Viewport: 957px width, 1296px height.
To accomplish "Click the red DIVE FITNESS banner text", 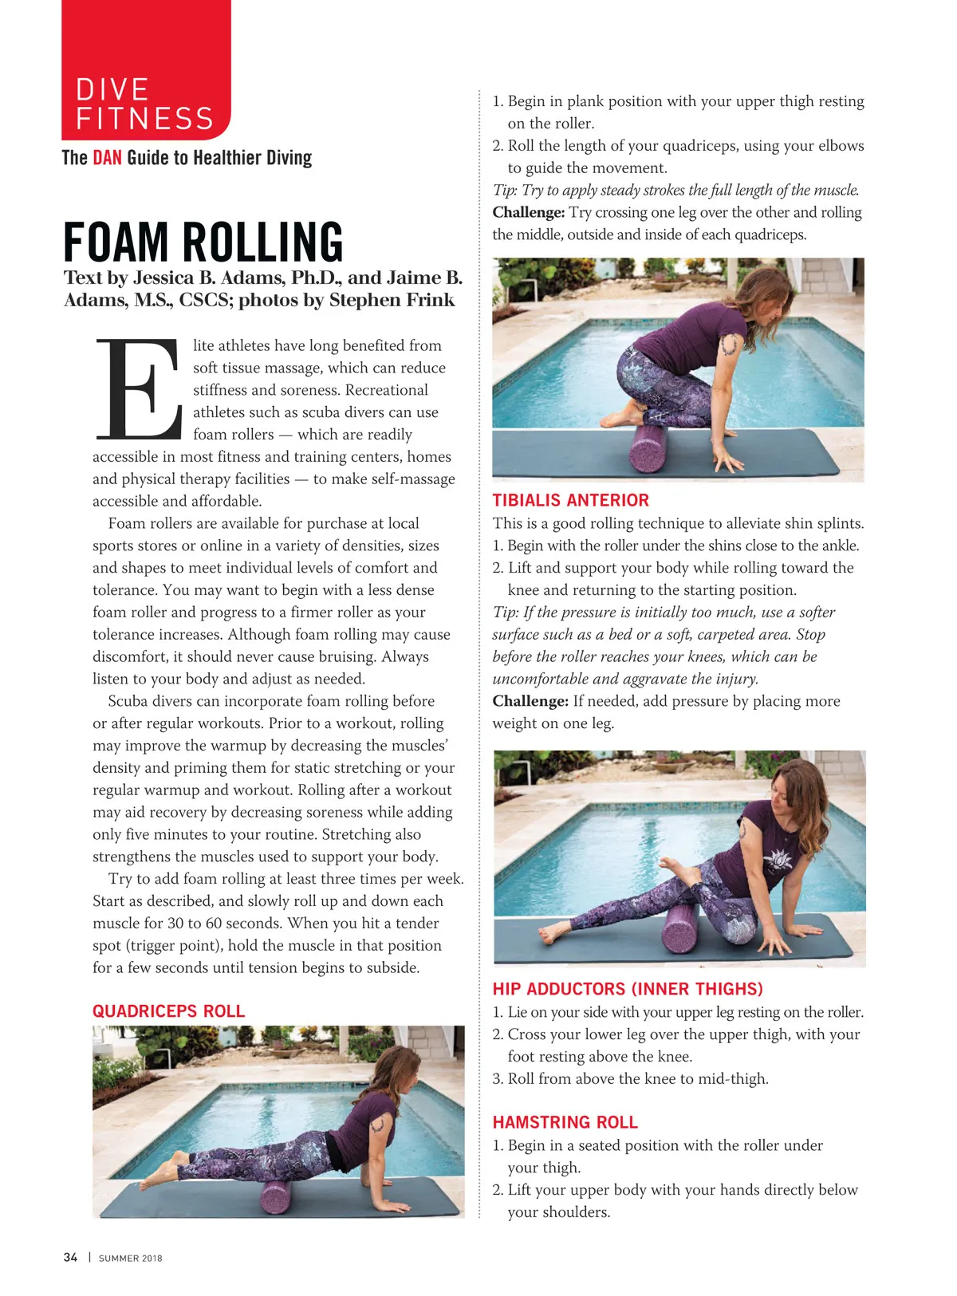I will [x=144, y=104].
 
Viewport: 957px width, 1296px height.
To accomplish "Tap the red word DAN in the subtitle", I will [x=107, y=157].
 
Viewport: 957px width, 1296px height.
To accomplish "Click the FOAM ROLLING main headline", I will [x=203, y=242].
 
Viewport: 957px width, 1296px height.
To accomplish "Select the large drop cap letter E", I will [x=139, y=389].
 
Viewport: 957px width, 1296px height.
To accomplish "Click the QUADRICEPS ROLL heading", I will [x=168, y=1011].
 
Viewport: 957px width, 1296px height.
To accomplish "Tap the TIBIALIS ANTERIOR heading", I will [x=570, y=500].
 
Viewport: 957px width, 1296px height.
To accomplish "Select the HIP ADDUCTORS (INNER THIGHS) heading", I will [x=628, y=989].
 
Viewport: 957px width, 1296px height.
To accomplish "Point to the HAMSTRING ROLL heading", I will [x=565, y=1122].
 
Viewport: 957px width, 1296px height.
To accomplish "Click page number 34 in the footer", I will [x=70, y=1258].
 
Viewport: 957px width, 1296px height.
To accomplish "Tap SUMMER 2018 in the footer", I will [x=130, y=1259].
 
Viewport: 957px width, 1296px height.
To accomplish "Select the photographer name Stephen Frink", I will [x=392, y=300].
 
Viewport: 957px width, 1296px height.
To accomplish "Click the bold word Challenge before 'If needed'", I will [x=529, y=701].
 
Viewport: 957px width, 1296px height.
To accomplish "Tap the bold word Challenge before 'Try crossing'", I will [x=529, y=212].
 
